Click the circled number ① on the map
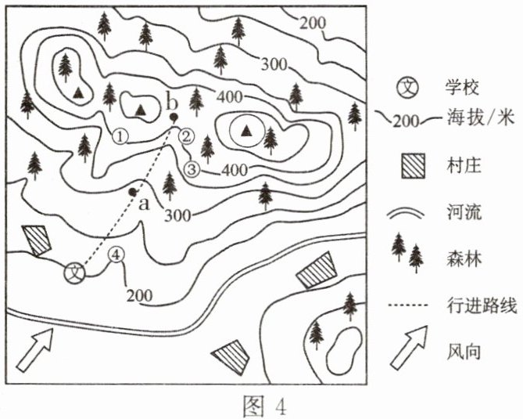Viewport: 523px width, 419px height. pos(120,136)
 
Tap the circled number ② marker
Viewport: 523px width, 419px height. pos(186,136)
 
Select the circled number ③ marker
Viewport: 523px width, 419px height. pos(192,169)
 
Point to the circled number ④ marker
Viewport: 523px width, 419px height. pos(116,255)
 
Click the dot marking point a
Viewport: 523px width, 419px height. pos(133,192)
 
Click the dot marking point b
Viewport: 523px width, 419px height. pos(174,117)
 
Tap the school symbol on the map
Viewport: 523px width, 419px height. pos(75,273)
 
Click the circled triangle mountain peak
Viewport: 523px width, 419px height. pos(247,131)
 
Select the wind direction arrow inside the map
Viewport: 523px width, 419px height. pos(34,349)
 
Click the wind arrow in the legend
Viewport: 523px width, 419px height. pos(409,347)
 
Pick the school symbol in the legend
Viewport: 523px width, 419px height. pos(407,87)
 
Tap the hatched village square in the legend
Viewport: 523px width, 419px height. pos(414,165)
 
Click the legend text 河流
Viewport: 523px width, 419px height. pos(464,211)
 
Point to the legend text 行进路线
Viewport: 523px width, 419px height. pos(482,305)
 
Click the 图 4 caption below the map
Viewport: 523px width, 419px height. pos(264,406)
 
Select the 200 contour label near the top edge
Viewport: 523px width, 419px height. pos(313,23)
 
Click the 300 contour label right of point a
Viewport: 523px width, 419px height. pos(177,216)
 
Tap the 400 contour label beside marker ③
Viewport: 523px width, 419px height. pos(235,171)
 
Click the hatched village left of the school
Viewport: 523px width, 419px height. pos(37,240)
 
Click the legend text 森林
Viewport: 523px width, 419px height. pos(464,258)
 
